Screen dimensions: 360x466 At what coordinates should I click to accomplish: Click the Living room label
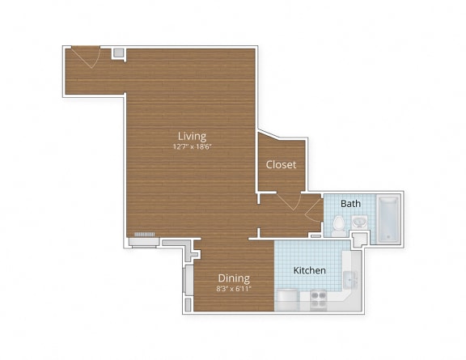(193, 136)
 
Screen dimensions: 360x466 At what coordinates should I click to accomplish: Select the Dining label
(233, 277)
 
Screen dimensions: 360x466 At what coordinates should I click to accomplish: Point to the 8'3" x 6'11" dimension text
(233, 288)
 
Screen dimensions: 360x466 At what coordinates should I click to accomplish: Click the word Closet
(281, 164)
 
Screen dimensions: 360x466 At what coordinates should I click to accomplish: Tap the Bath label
(350, 203)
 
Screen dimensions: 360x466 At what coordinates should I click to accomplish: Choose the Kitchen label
(309, 270)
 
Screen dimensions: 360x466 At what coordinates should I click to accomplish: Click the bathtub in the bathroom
(388, 218)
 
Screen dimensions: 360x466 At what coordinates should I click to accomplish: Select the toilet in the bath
(340, 224)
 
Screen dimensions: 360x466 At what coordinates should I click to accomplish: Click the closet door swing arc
(289, 201)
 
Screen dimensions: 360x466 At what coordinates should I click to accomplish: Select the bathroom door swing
(314, 211)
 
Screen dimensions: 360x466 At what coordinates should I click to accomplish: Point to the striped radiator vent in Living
(144, 235)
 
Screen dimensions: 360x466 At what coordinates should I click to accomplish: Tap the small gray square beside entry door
(118, 53)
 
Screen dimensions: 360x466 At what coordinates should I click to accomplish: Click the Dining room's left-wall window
(184, 280)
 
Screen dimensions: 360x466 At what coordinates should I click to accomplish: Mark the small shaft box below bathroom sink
(360, 238)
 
